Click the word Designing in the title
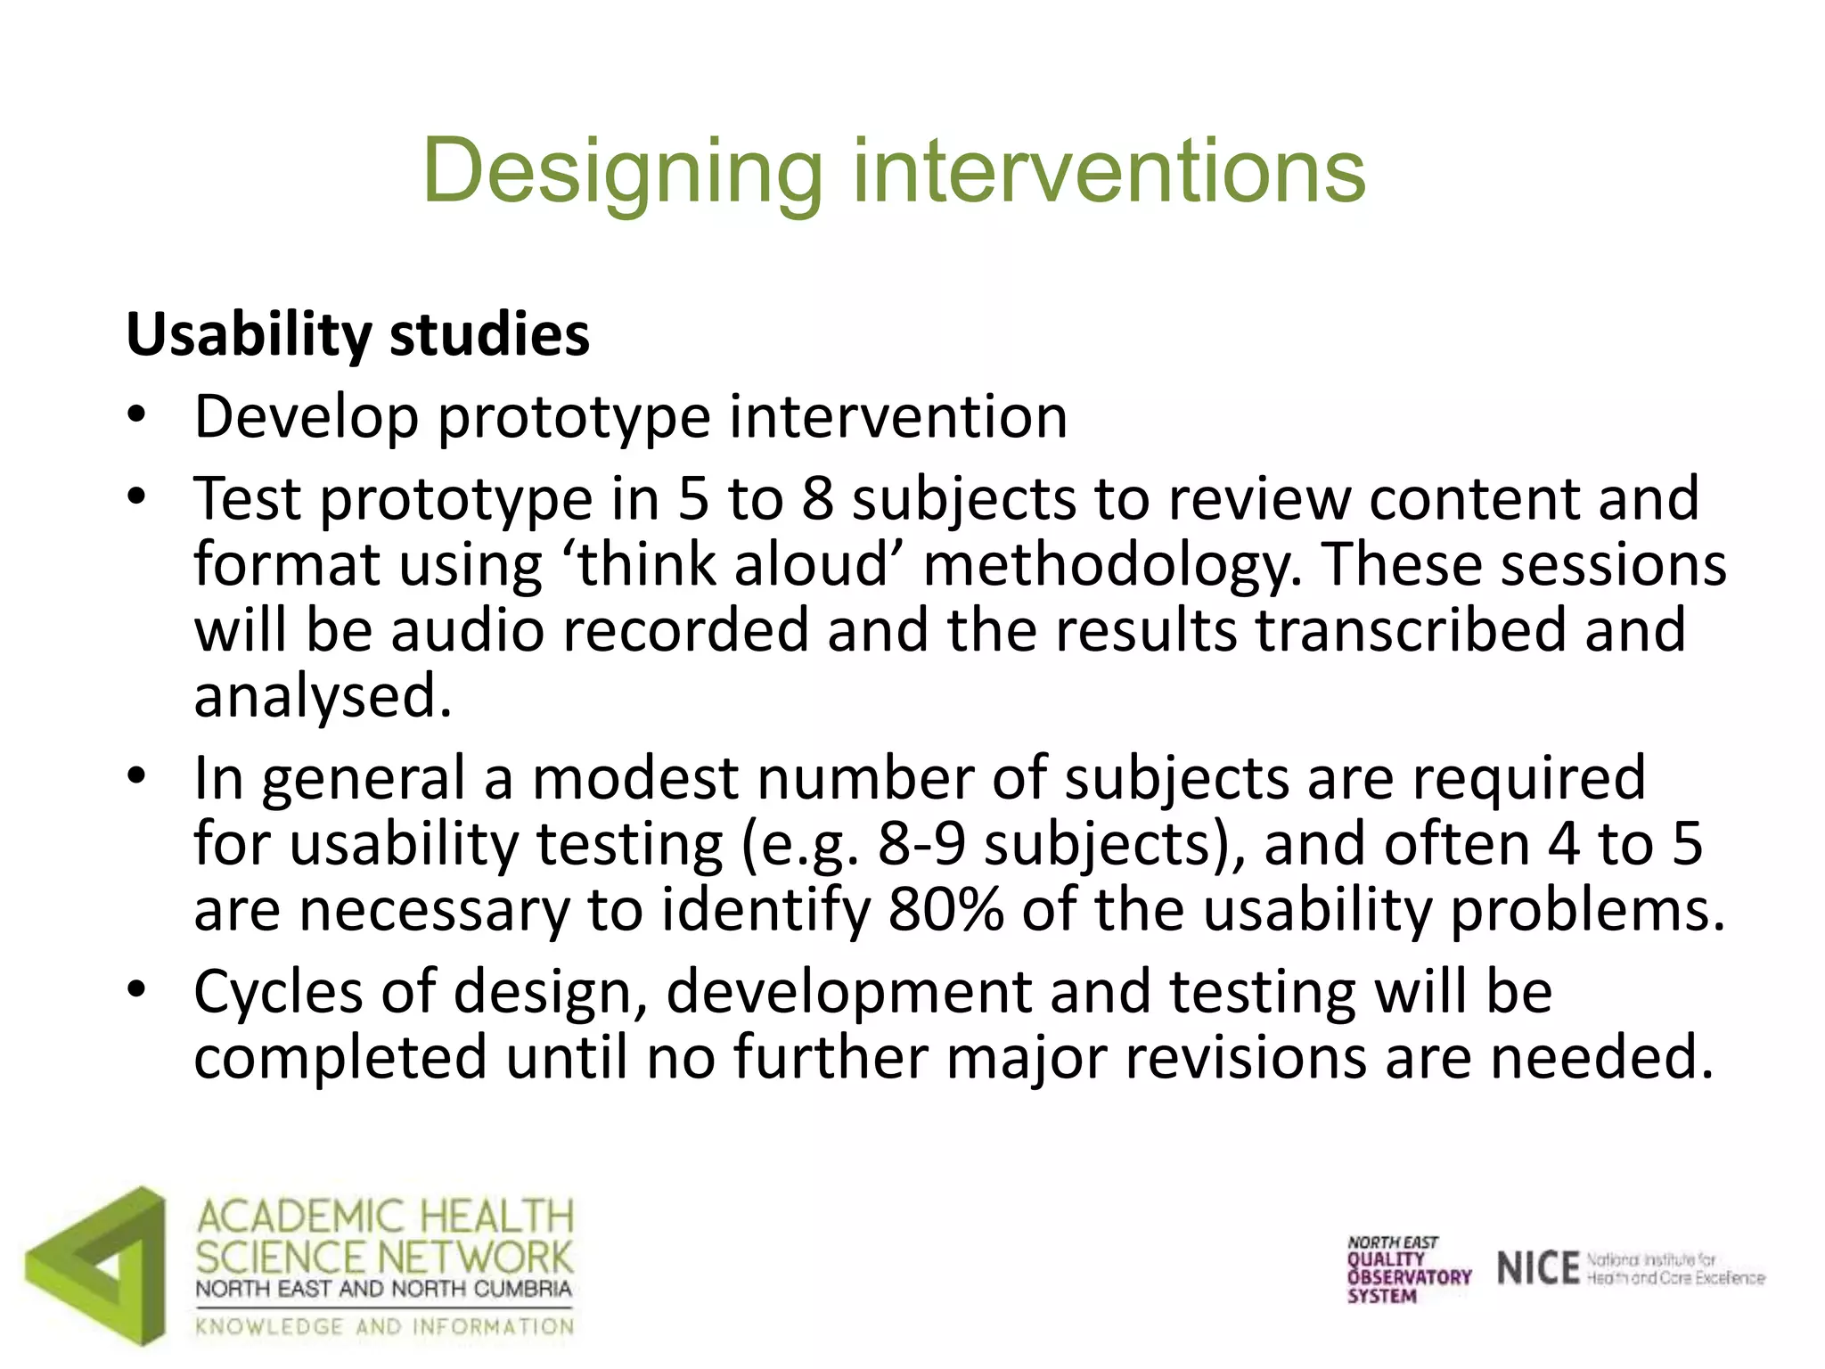point(622,171)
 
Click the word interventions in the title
point(1109,171)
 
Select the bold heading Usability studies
point(358,334)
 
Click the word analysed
point(323,695)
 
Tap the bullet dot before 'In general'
point(135,775)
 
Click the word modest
point(635,777)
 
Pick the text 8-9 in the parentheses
point(921,843)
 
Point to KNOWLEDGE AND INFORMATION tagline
point(385,1326)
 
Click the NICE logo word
point(1538,1268)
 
